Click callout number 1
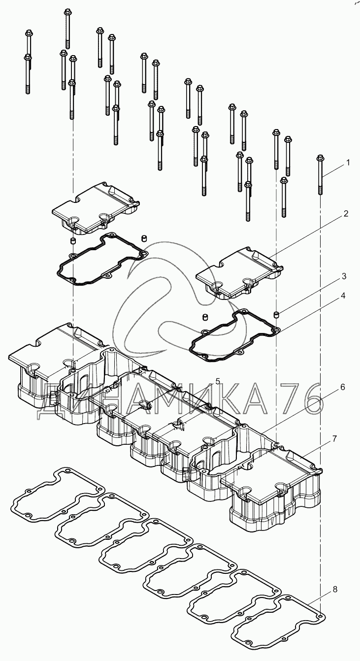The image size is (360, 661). pos(348,163)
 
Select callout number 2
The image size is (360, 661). pos(346,214)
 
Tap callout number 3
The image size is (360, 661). pos(344,276)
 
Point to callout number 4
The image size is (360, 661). pos(343,296)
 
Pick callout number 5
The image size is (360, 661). pos(218,381)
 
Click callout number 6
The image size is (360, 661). pos(343,387)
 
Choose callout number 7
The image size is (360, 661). pos(334,439)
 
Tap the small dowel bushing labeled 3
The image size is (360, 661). pos(276,315)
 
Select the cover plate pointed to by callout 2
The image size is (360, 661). pos(240,273)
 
